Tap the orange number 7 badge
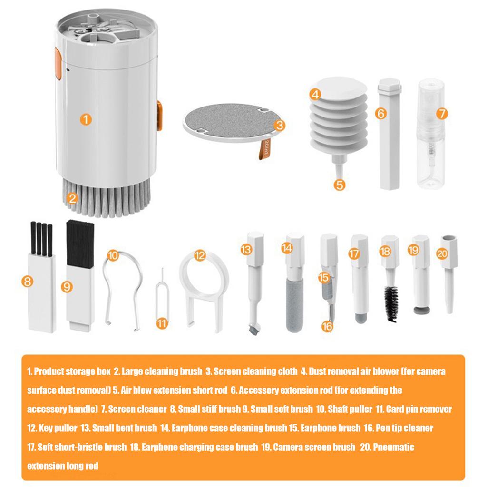(442, 113)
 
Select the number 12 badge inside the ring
(199, 256)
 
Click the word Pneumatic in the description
(393, 447)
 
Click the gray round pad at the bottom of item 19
(419, 311)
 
